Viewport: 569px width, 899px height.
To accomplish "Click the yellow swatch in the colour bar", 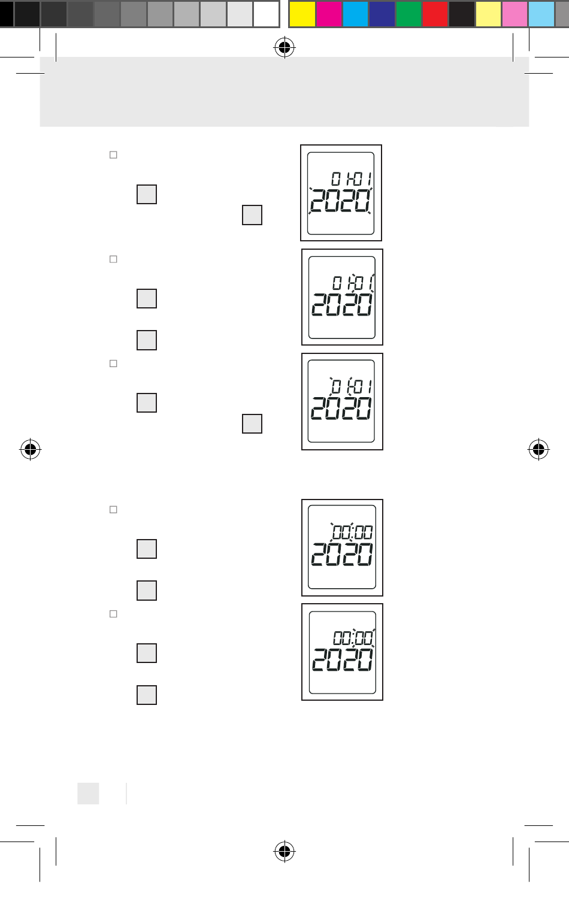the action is click(302, 14).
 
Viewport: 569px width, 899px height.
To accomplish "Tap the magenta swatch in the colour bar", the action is click(329, 14).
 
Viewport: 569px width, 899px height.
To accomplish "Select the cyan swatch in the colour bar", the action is click(355, 14).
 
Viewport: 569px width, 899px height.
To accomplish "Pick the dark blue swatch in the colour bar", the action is click(382, 14).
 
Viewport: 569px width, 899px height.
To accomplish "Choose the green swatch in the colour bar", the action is click(408, 14).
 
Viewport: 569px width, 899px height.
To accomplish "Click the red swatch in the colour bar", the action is click(435, 14).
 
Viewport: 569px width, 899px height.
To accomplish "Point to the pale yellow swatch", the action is click(488, 14).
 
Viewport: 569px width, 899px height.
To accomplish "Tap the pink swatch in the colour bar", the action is click(514, 14).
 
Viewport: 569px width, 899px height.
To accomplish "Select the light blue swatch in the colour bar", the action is click(541, 14).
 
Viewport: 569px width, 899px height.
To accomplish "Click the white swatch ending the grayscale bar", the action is click(266, 14).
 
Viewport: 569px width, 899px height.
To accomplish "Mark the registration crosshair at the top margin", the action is click(284, 47).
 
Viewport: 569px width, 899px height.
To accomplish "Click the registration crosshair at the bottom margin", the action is click(284, 850).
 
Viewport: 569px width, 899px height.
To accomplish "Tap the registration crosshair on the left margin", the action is click(30, 449).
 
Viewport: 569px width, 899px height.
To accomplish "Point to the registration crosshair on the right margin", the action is click(538, 449).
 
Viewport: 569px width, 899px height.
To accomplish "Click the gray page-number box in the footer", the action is click(88, 793).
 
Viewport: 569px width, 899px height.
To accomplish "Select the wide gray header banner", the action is click(284, 92).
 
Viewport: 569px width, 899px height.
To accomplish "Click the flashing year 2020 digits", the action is click(340, 201).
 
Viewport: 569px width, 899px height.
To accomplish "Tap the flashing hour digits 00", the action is click(342, 532).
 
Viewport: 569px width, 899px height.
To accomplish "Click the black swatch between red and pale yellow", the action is click(461, 14).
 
